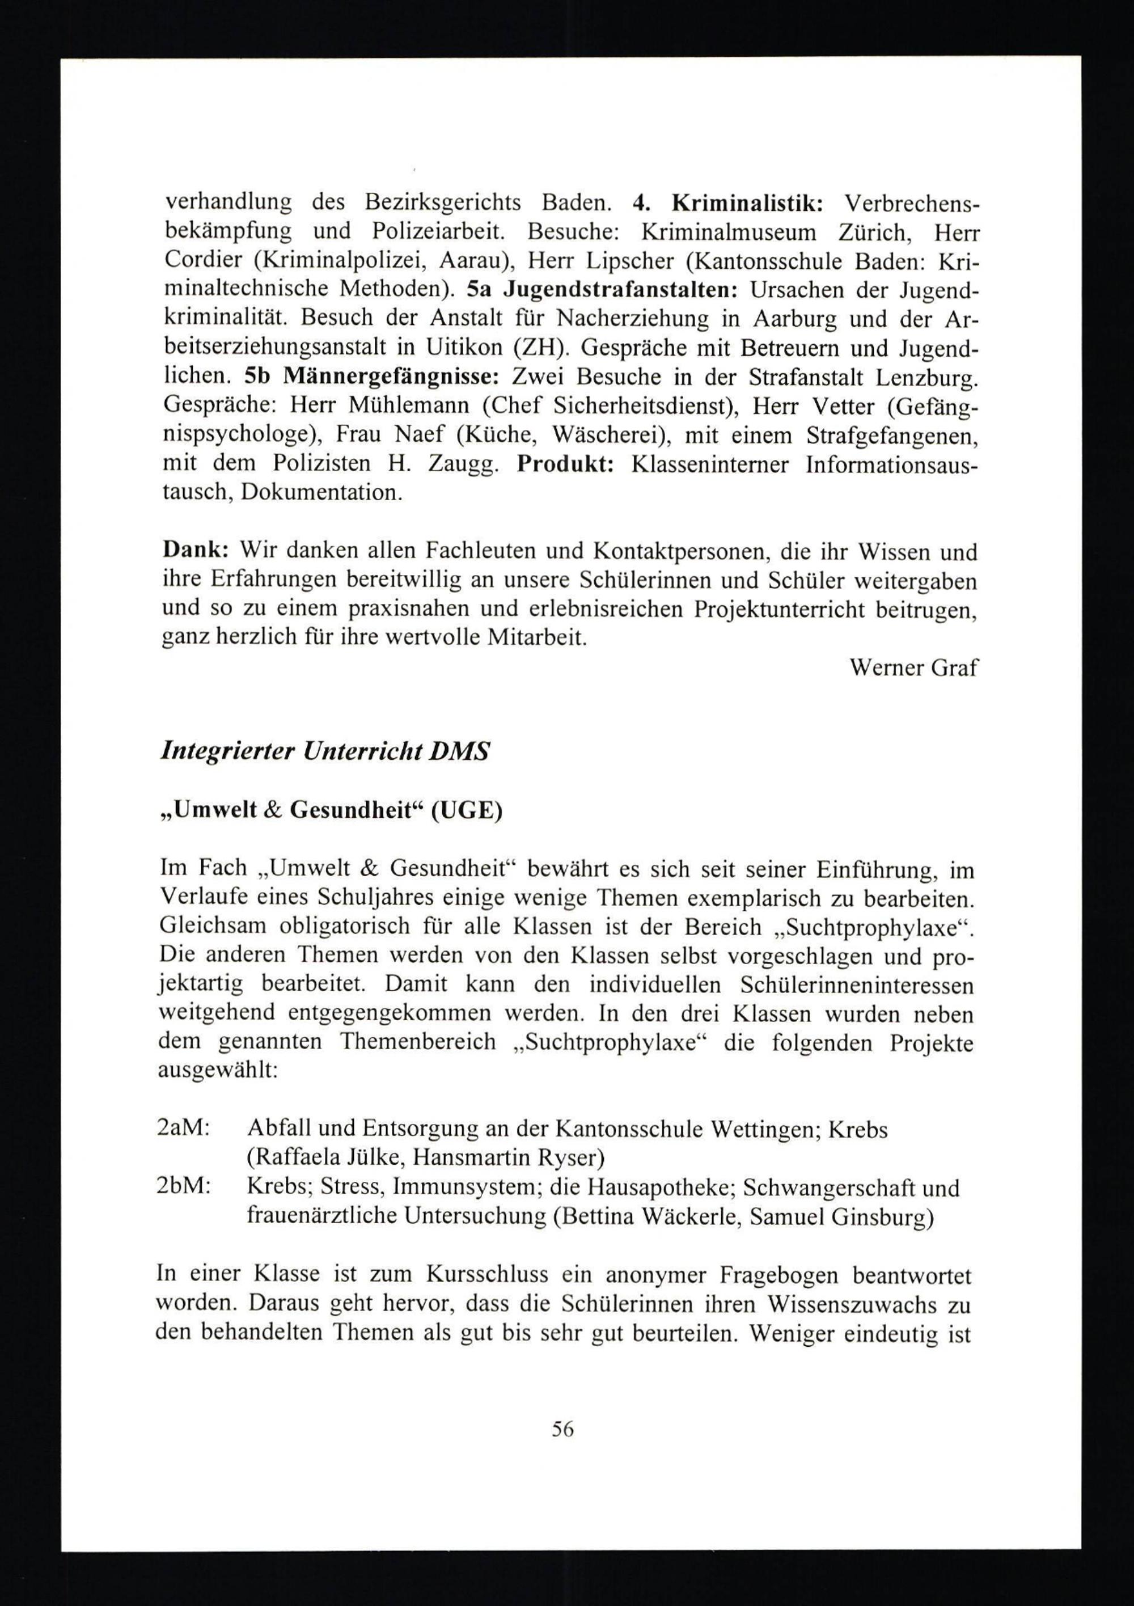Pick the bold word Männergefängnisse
point(391,377)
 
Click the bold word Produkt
point(565,464)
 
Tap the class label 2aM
point(185,1129)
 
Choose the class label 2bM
point(185,1187)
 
